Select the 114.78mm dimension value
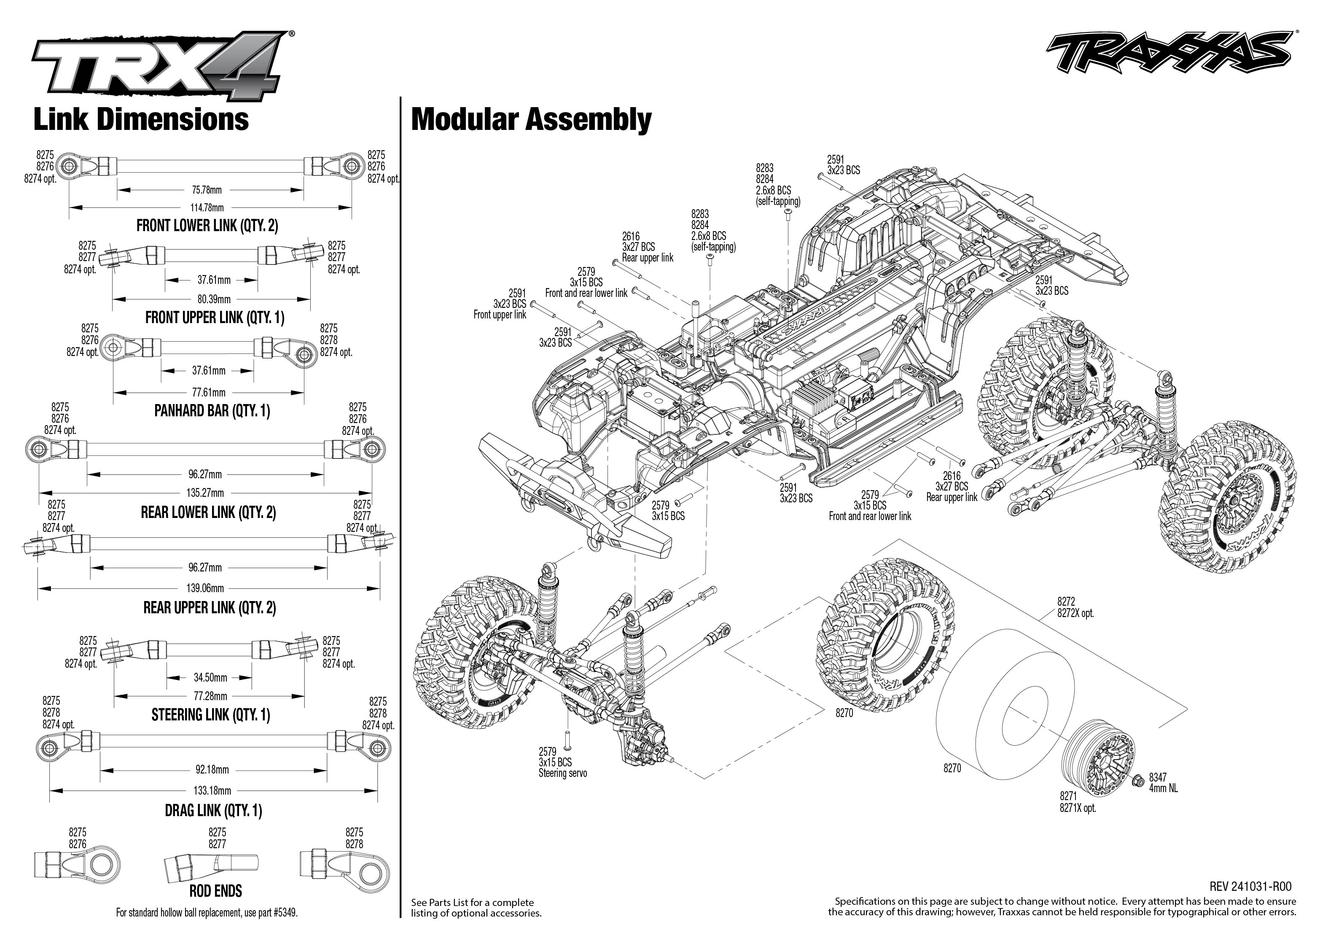(x=207, y=208)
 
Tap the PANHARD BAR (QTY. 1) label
(x=212, y=411)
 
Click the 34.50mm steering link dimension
(x=210, y=678)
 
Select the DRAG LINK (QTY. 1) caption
(x=213, y=811)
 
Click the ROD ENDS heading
(x=215, y=891)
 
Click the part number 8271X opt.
(x=1078, y=808)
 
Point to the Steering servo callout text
(x=562, y=774)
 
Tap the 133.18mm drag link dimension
(x=212, y=791)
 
